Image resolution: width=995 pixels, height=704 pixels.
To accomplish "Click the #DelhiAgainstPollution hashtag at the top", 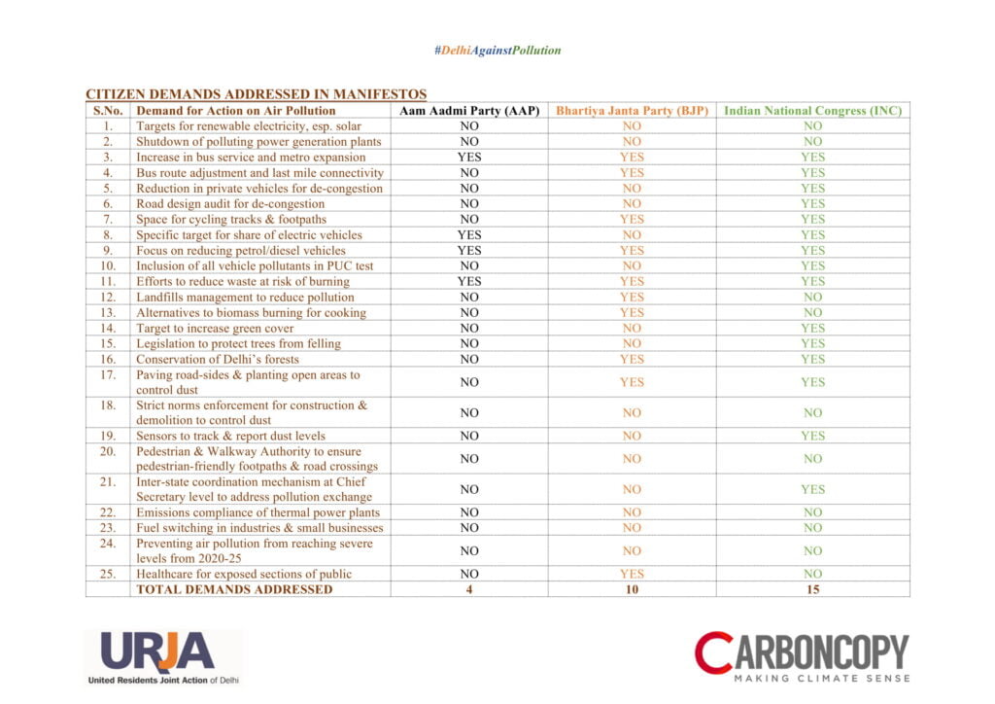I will pyautogui.click(x=497, y=50).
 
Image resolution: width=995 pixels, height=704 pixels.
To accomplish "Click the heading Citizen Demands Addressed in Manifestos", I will pyautogui.click(x=256, y=94).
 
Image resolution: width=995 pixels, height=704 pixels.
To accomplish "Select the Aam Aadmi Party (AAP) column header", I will pyautogui.click(x=469, y=111).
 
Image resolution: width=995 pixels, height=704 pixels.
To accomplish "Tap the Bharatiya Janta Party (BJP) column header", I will pyautogui.click(x=632, y=111).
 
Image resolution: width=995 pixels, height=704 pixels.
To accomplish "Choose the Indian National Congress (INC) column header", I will pyautogui.click(x=812, y=111).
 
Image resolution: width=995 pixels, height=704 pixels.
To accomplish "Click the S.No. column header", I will pyautogui.click(x=108, y=111).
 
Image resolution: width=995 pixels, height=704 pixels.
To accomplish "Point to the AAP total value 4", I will pyautogui.click(x=469, y=589).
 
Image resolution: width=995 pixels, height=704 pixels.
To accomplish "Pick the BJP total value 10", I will pyautogui.click(x=632, y=589).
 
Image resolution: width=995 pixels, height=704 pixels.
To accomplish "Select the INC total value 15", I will pyautogui.click(x=812, y=589).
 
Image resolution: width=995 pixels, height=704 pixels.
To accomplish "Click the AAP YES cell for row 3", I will pyautogui.click(x=469, y=158).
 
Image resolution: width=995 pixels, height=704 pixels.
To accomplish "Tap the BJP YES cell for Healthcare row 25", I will pyautogui.click(x=632, y=574).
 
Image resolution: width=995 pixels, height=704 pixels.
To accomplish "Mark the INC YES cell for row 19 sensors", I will pyautogui.click(x=812, y=436).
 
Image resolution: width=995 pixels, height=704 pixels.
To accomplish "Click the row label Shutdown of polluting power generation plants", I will pyautogui.click(x=258, y=142).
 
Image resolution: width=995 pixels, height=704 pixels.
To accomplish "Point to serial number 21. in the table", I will pyautogui.click(x=108, y=482).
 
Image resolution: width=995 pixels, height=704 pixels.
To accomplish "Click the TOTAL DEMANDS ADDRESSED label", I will pyautogui.click(x=234, y=589).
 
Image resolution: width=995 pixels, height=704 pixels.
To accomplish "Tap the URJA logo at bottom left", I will pyautogui.click(x=162, y=658).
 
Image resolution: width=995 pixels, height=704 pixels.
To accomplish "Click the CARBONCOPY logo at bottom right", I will pyautogui.click(x=802, y=655).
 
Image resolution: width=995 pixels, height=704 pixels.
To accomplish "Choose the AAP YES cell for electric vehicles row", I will pyautogui.click(x=469, y=235).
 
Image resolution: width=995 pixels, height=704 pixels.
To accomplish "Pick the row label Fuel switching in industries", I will pyautogui.click(x=259, y=528).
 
